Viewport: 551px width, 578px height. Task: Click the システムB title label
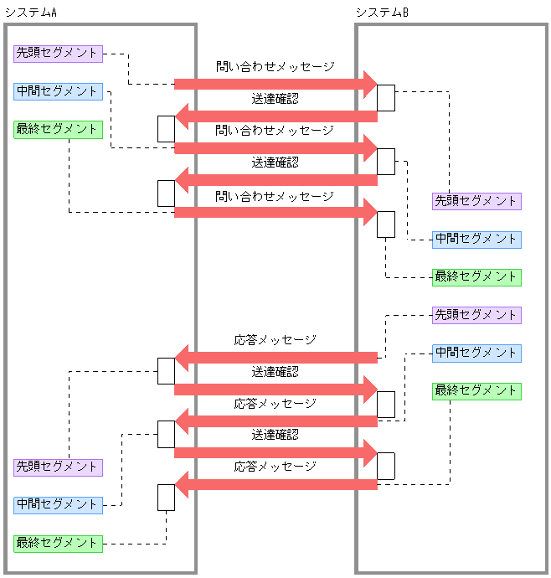[382, 12]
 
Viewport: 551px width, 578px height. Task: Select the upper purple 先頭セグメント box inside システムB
[476, 201]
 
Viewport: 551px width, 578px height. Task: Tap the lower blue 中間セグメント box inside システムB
[476, 353]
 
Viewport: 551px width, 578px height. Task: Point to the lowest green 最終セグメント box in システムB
[476, 390]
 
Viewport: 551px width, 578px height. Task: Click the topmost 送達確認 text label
[275, 98]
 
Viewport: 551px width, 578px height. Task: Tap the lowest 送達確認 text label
[275, 435]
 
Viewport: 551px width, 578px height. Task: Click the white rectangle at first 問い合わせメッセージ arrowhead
[385, 97]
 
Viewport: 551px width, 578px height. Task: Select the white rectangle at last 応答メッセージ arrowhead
[166, 497]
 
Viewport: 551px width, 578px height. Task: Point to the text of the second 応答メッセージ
[275, 403]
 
